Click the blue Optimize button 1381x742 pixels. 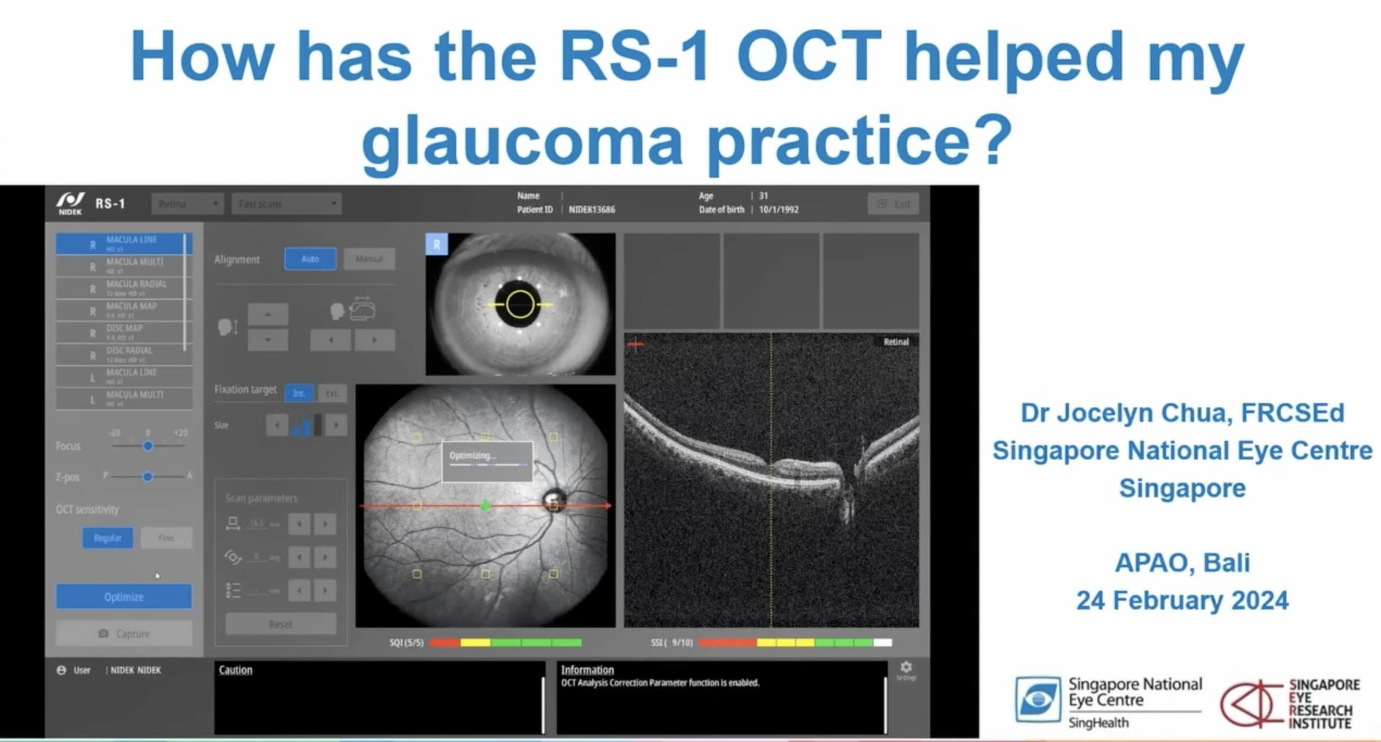click(x=124, y=596)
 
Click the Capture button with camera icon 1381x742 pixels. click(x=124, y=633)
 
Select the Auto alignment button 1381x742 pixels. click(x=310, y=259)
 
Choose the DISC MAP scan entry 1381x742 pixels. click(x=124, y=332)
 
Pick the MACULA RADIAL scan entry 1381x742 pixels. click(x=124, y=287)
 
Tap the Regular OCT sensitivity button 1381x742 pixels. click(x=108, y=538)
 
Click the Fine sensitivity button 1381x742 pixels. click(x=166, y=538)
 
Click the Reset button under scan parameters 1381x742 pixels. click(x=280, y=624)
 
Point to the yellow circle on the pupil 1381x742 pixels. click(x=520, y=304)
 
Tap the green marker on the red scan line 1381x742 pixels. click(x=486, y=506)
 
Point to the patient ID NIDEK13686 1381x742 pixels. click(x=592, y=210)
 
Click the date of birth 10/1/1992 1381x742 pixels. click(x=779, y=210)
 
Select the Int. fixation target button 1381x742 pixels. click(x=299, y=393)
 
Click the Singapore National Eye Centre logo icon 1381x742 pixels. click(x=1038, y=699)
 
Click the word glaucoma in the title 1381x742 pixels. click(x=522, y=141)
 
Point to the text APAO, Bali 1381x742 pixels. click(x=1182, y=562)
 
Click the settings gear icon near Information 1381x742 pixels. click(x=906, y=667)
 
